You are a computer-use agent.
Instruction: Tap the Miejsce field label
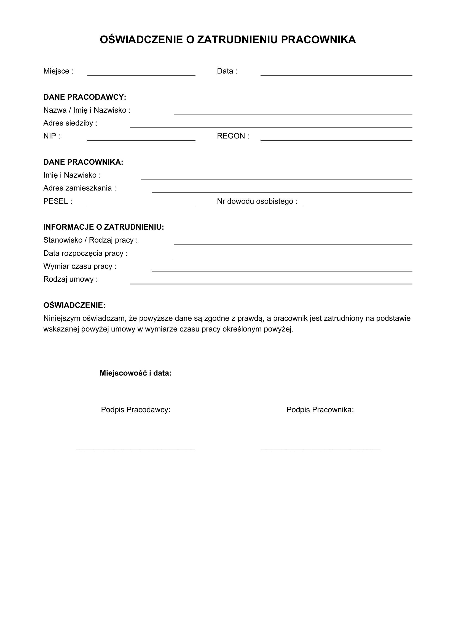(58, 71)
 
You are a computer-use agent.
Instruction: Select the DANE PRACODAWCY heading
(85, 97)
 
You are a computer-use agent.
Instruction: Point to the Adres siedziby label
(70, 123)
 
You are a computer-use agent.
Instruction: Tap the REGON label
(233, 136)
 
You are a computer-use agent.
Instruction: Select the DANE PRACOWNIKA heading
(83, 162)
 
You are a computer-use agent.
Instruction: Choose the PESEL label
(58, 201)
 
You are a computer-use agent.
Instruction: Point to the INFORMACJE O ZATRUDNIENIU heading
(103, 227)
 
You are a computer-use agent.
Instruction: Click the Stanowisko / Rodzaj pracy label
(90, 240)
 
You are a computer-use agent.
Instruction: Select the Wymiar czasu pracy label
(80, 266)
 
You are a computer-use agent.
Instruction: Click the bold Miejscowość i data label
(135, 373)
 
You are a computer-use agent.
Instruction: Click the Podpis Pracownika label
(320, 410)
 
